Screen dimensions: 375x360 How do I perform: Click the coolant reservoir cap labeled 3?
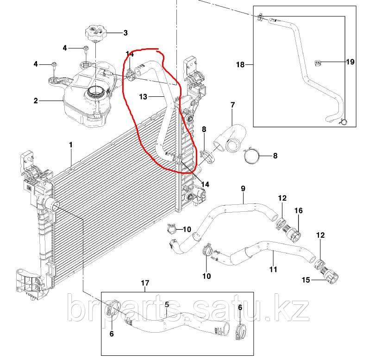[95, 33]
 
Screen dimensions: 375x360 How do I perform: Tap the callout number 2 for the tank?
[36, 101]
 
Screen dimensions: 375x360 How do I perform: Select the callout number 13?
[143, 97]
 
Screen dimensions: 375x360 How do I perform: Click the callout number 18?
[240, 64]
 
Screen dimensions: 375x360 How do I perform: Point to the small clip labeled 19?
[317, 63]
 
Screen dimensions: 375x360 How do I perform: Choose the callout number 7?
[233, 105]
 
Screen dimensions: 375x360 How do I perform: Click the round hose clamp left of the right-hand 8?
[251, 156]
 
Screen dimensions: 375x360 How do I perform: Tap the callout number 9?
[243, 189]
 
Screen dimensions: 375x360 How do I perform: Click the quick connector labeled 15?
[330, 276]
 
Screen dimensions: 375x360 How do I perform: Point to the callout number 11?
[273, 269]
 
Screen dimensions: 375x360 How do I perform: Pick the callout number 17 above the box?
[145, 283]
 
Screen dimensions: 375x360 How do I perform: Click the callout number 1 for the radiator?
[71, 145]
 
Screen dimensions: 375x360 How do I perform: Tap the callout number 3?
[125, 33]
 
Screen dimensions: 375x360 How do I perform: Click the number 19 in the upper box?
[350, 62]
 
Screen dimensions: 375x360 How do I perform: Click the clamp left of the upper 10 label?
[172, 228]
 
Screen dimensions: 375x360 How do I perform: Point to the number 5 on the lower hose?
[167, 305]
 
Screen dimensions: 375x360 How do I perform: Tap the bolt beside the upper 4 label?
[86, 48]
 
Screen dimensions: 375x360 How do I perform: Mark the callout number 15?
[306, 279]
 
